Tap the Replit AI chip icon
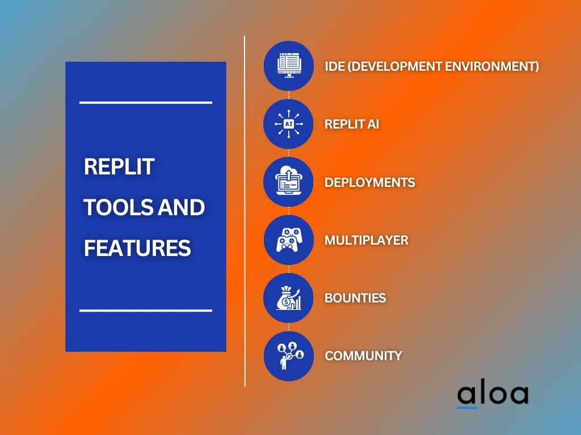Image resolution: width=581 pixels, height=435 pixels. (x=288, y=124)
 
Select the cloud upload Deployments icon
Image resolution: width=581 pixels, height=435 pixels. (x=288, y=182)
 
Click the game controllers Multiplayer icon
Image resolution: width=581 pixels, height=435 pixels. (x=288, y=240)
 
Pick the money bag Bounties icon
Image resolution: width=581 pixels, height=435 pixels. (x=288, y=298)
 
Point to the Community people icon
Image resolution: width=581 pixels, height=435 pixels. (x=288, y=356)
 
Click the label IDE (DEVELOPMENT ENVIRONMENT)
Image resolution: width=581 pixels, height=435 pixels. (x=431, y=66)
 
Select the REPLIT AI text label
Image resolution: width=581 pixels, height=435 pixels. (x=351, y=124)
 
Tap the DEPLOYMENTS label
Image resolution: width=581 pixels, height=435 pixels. (x=369, y=182)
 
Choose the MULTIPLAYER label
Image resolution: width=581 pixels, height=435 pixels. (x=366, y=240)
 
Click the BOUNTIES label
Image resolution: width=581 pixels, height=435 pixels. (x=355, y=298)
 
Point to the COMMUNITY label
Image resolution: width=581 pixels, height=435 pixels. (x=363, y=356)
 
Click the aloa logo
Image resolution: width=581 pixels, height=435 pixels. (x=492, y=394)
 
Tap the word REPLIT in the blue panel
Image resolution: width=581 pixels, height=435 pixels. (x=119, y=167)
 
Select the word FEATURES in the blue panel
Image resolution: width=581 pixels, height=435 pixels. (x=137, y=248)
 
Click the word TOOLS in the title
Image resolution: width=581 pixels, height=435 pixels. (x=112, y=208)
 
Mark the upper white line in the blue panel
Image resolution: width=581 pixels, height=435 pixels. (x=145, y=103)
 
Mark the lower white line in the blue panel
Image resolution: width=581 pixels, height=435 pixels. (x=145, y=310)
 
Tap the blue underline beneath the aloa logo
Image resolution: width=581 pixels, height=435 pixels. (x=467, y=407)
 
